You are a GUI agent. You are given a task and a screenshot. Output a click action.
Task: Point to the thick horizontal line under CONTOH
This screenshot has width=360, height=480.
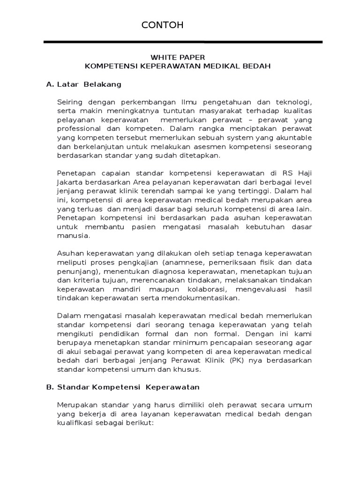tap(183, 42)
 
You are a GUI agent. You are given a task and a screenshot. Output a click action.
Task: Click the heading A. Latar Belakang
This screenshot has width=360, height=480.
tap(84, 84)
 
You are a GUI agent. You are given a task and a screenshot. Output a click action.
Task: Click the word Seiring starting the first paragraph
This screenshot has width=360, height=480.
tap(69, 102)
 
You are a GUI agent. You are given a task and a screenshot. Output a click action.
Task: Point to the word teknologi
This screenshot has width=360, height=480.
tap(293, 102)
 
